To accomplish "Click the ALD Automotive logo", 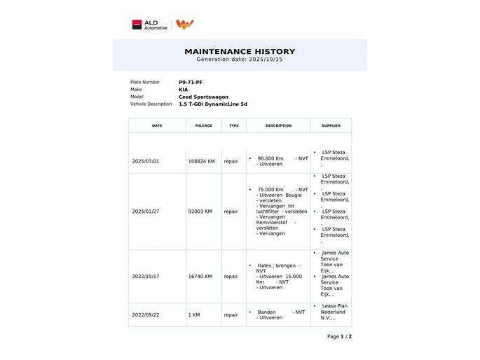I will [x=150, y=25].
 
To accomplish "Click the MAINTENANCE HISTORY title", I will [x=240, y=51].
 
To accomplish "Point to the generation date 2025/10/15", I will [x=240, y=60].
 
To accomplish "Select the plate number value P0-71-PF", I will [x=191, y=82].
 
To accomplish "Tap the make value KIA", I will [x=184, y=90].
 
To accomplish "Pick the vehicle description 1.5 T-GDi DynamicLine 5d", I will [x=213, y=104].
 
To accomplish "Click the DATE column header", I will [x=157, y=126].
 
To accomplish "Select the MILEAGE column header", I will [x=203, y=126].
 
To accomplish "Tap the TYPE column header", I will [x=233, y=126].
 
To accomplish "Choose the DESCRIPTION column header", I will [x=278, y=126].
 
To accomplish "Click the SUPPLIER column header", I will [x=331, y=126].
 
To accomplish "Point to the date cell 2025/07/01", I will [x=146, y=161].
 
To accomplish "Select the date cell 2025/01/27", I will [x=146, y=211].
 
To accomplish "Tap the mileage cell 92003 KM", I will [x=200, y=211].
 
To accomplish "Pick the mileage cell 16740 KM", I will [x=200, y=277].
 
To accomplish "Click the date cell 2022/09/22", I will [x=146, y=315].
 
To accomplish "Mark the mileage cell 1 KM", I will [x=194, y=315].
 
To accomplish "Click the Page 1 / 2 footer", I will [x=339, y=337].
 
